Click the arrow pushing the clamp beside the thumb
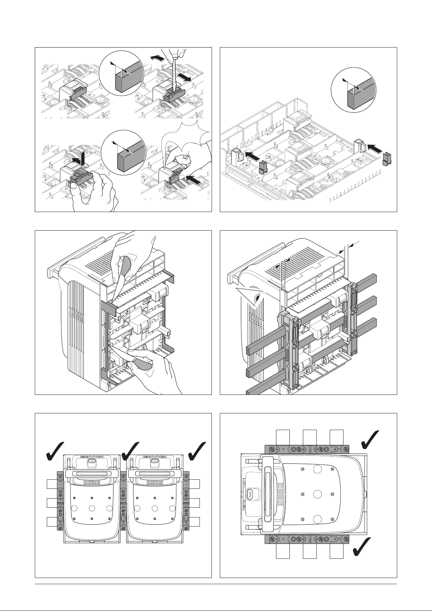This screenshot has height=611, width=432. tap(193, 179)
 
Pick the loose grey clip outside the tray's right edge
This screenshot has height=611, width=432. tap(387, 159)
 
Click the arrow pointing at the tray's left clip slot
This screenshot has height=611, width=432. tap(252, 156)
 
